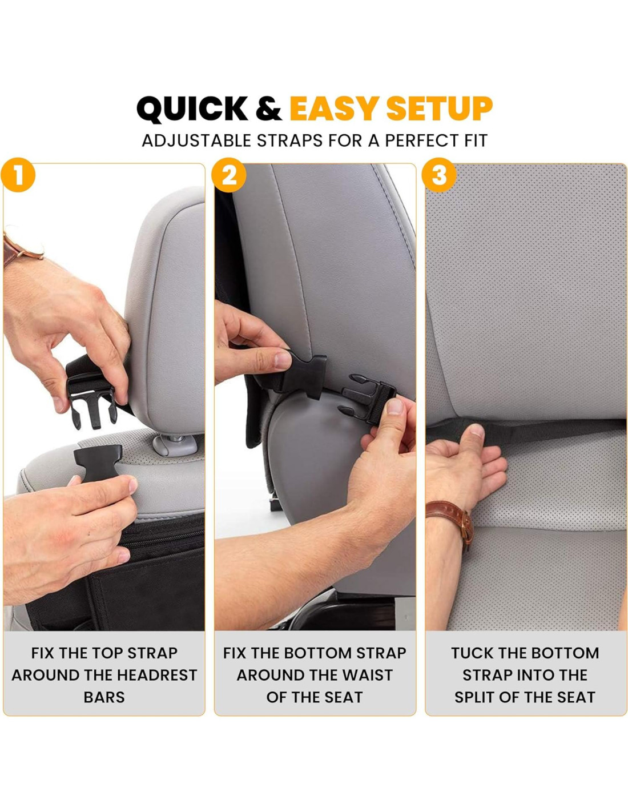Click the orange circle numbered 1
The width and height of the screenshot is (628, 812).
click(18, 175)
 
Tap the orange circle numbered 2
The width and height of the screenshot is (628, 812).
click(228, 175)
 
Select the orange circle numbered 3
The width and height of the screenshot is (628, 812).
click(440, 175)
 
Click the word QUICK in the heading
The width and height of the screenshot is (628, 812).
click(192, 108)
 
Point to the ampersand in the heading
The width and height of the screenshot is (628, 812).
click(268, 108)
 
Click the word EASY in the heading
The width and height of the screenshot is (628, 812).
click(335, 108)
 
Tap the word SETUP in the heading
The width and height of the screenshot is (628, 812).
click(440, 108)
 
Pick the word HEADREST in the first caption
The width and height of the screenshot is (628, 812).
click(156, 675)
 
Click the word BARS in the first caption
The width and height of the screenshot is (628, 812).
click(104, 697)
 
